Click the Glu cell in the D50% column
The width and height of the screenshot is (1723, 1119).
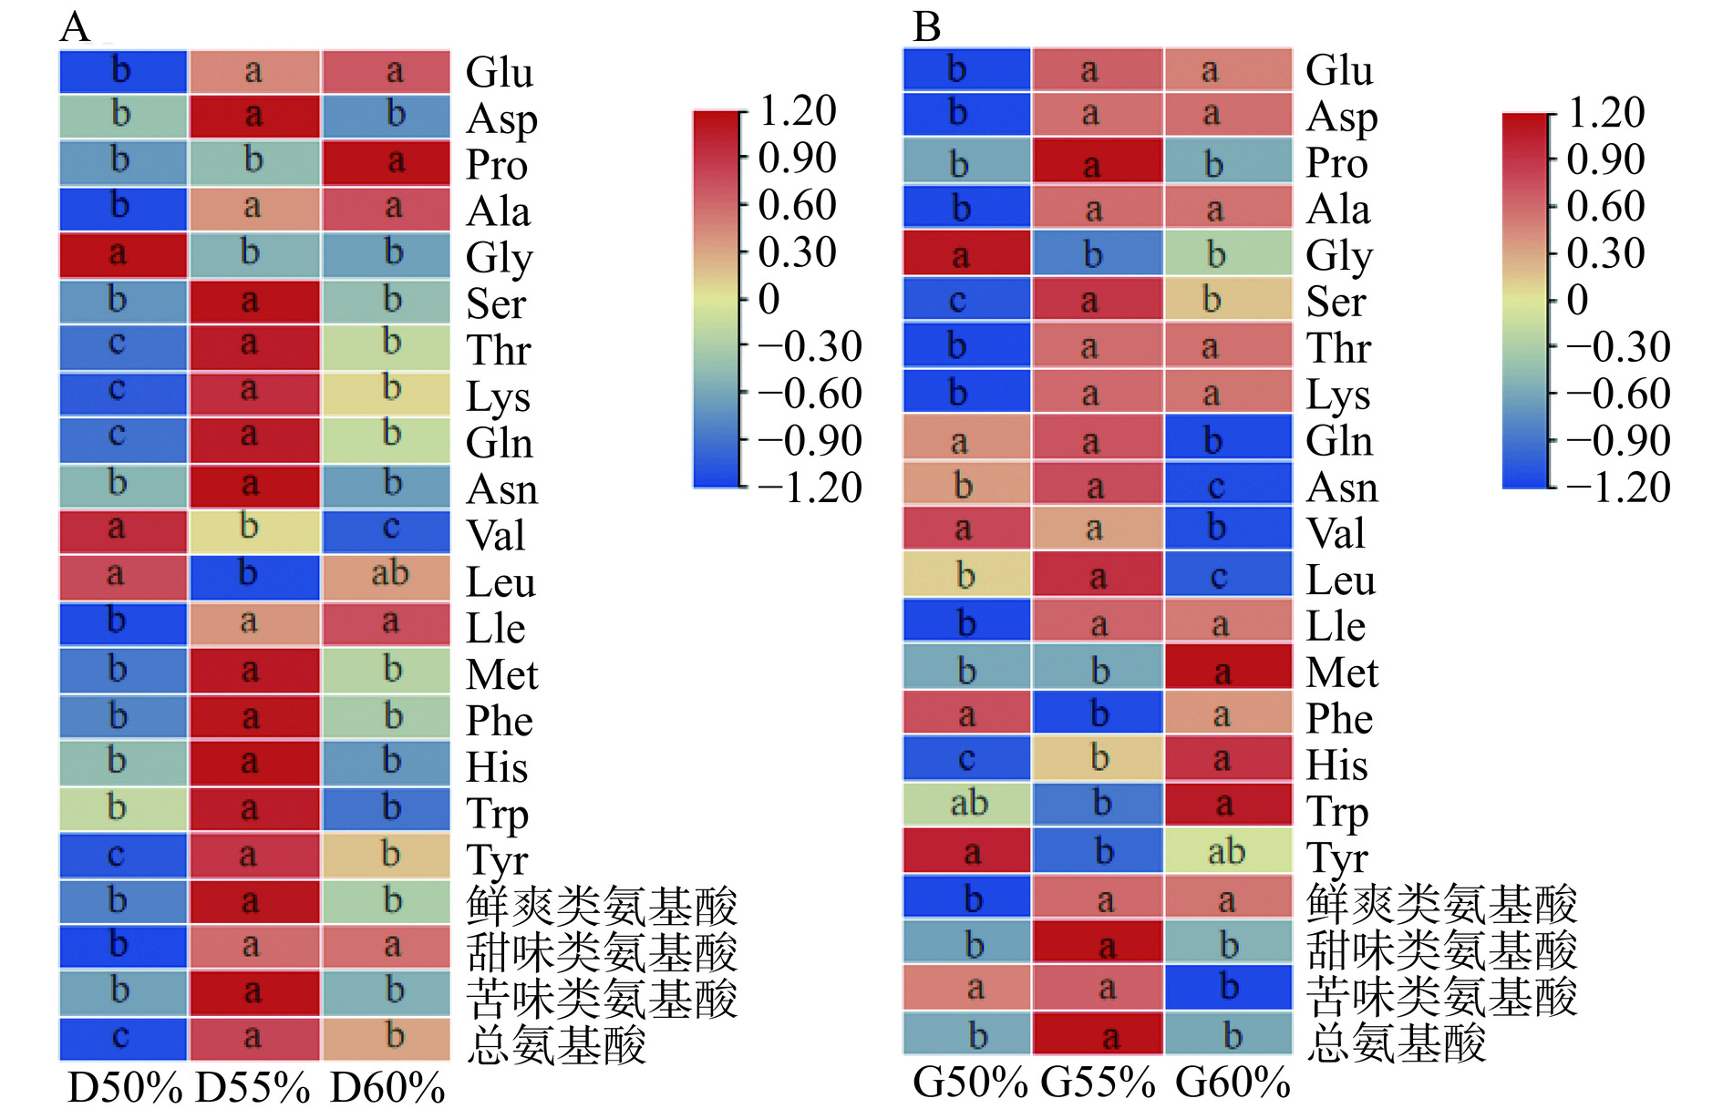(x=123, y=71)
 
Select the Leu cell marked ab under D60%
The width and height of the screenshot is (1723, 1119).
(x=387, y=576)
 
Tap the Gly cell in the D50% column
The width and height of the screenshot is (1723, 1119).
(x=123, y=254)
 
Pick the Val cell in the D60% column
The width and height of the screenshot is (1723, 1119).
(x=387, y=530)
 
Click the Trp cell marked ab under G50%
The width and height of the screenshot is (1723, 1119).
(x=966, y=804)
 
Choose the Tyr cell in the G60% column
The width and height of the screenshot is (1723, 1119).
(x=1228, y=851)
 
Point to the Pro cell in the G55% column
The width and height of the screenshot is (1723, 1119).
(x=1098, y=162)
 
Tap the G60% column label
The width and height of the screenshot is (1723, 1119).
(x=1233, y=1083)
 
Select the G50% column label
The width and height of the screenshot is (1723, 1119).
(x=970, y=1083)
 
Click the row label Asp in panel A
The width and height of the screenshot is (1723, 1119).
(x=501, y=119)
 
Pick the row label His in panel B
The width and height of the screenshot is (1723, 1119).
(x=1336, y=765)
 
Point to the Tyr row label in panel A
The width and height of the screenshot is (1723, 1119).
(x=498, y=860)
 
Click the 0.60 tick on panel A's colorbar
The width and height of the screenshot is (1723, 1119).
(x=797, y=205)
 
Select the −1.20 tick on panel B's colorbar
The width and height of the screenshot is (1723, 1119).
(x=1618, y=488)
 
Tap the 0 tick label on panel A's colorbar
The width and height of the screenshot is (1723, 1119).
(x=769, y=299)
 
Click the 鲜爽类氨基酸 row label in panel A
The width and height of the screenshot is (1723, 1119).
(x=602, y=906)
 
